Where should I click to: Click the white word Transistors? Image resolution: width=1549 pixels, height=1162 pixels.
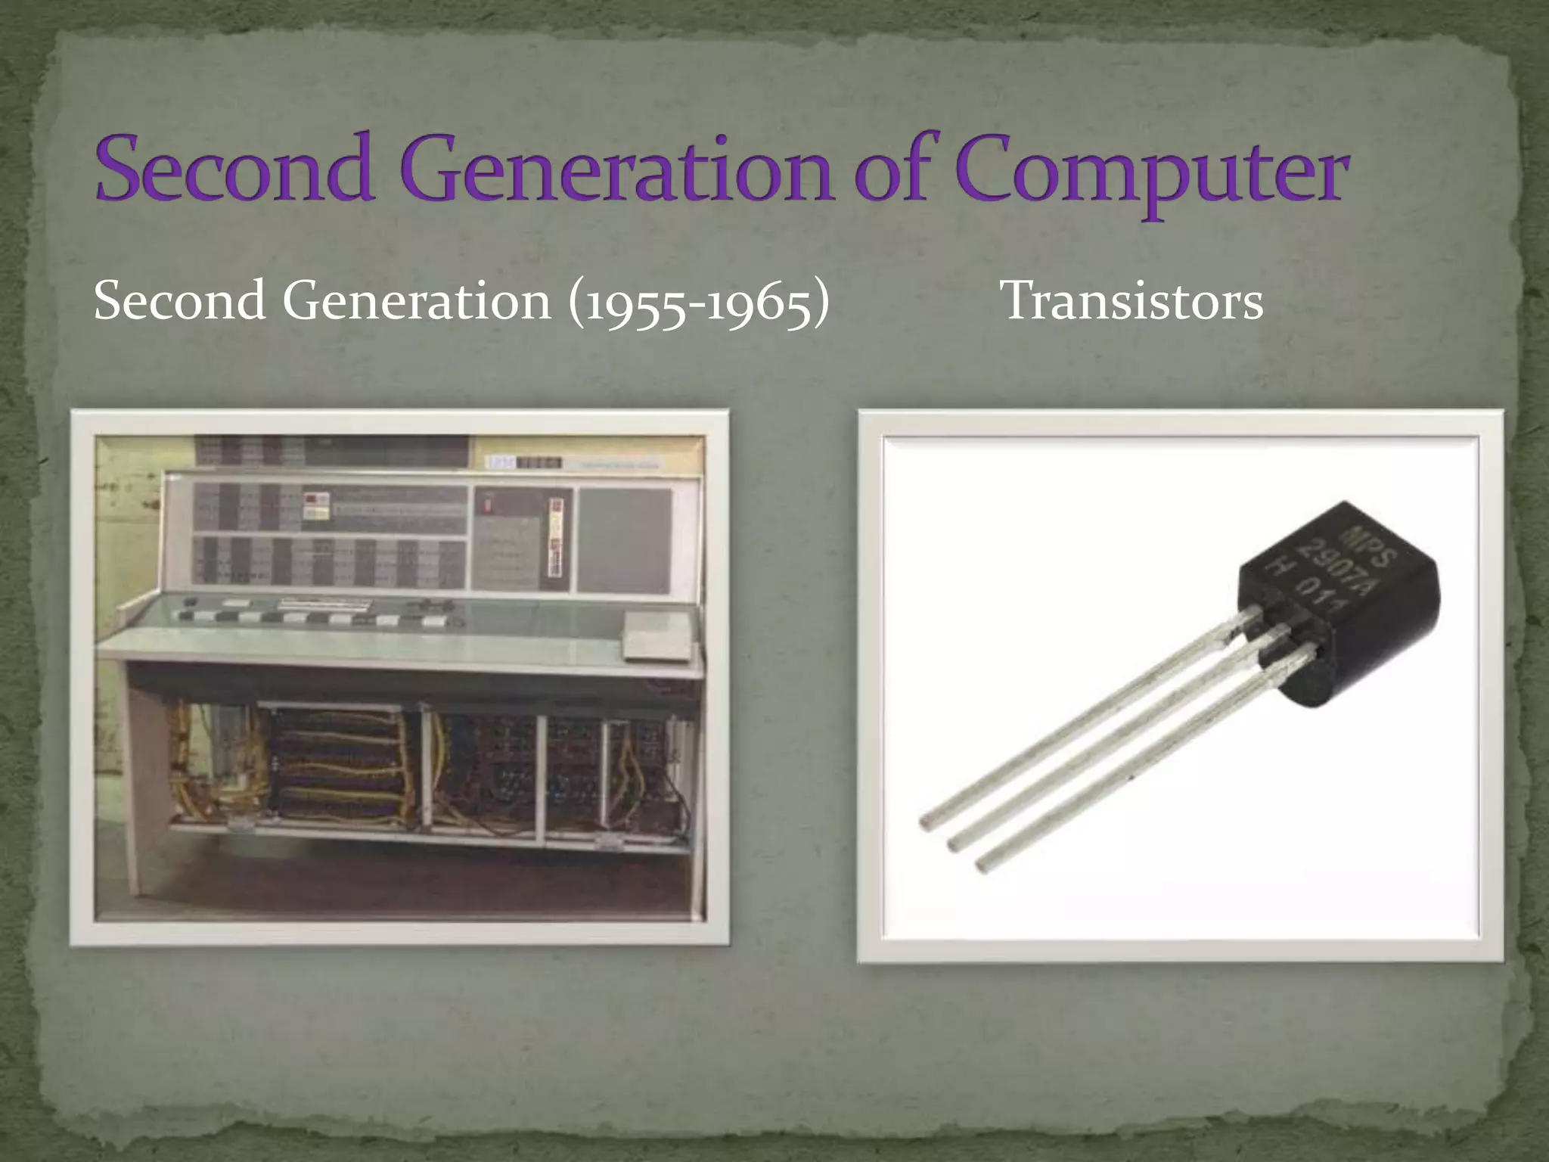coord(1131,301)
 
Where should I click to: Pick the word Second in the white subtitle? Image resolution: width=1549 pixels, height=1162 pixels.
coord(180,301)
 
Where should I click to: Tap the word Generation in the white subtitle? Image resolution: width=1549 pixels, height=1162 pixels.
coord(417,301)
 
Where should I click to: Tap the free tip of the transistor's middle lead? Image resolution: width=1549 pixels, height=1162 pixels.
coord(955,841)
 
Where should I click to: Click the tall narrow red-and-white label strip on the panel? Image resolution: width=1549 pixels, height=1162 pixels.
coord(557,537)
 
